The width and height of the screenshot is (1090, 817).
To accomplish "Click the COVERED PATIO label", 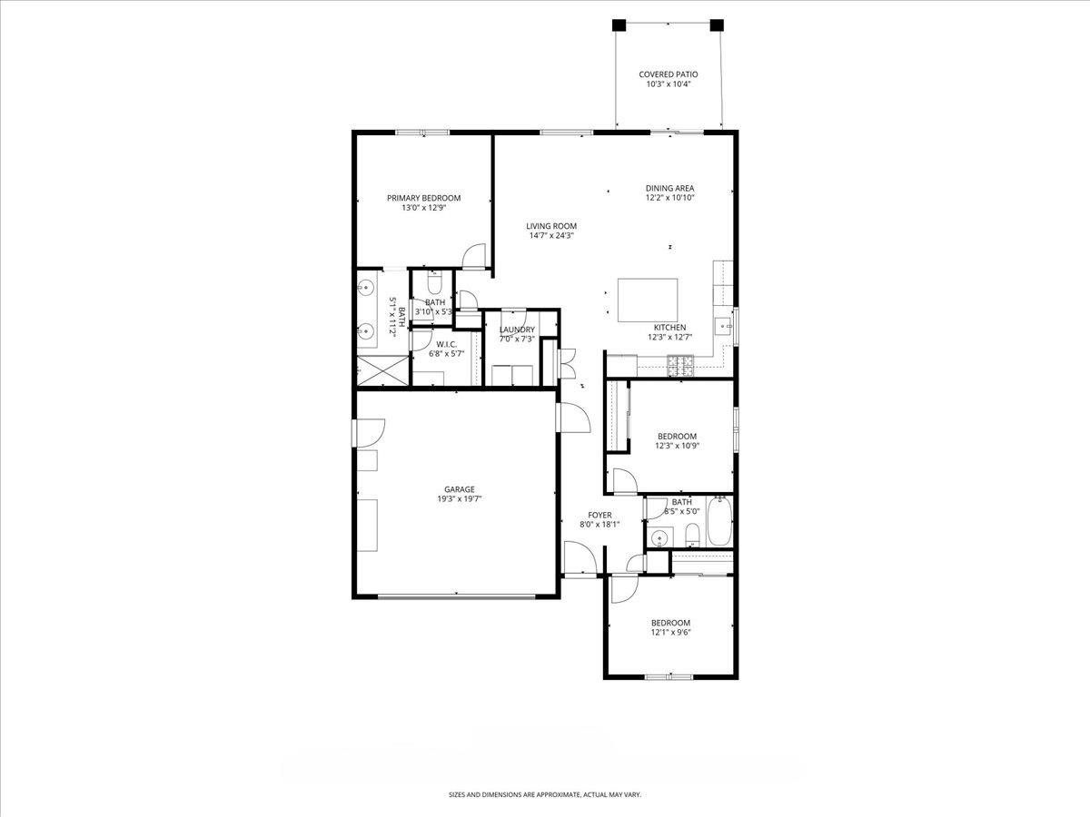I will click(668, 74).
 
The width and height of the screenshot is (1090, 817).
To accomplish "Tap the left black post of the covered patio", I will click(619, 25).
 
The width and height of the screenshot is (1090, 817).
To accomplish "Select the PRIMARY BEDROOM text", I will click(423, 198).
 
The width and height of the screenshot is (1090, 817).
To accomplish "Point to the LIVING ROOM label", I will click(551, 226).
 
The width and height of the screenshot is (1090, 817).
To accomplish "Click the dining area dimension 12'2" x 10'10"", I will click(670, 198).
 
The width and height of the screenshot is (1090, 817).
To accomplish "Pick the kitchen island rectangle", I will click(647, 300).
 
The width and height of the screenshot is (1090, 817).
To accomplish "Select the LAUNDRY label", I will click(517, 330).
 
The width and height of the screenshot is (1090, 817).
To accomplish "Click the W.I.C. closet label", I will click(446, 344).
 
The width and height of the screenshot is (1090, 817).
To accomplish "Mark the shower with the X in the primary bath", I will click(381, 370).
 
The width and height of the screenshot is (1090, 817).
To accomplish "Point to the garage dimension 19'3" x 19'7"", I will click(460, 499).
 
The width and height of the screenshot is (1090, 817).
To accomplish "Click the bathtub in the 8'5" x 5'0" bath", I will click(719, 522).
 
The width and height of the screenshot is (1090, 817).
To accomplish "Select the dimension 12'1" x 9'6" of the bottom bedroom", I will click(670, 633).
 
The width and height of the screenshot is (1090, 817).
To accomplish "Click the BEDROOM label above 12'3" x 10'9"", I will click(677, 436).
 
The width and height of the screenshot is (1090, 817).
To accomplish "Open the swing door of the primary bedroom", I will click(473, 259).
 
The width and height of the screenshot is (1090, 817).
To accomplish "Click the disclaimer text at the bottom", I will click(545, 794).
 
